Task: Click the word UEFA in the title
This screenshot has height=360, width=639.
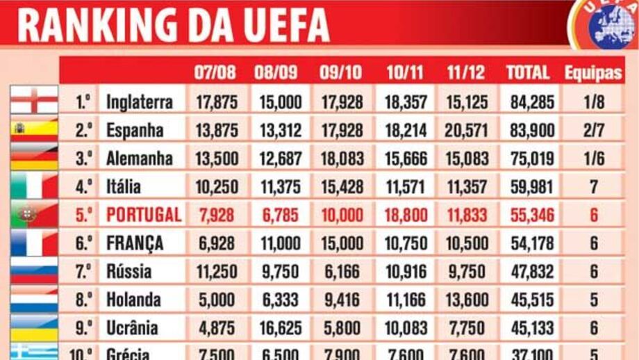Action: (285, 25)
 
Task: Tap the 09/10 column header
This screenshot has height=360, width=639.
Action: (341, 72)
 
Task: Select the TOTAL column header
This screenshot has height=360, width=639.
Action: (528, 72)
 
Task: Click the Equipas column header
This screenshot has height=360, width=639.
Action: (593, 72)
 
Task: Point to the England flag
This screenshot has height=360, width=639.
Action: (34, 101)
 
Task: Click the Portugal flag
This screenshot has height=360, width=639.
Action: (34, 215)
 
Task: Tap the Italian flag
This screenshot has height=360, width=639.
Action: (34, 186)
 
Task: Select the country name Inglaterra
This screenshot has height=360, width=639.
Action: (139, 102)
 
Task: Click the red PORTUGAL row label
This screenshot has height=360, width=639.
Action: (144, 215)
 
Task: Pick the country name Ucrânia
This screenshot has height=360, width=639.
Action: (132, 327)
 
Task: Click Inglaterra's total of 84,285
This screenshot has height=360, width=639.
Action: (532, 102)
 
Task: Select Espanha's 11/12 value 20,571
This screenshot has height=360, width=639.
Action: (466, 131)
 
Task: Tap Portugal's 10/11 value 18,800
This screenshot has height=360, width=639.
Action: (406, 215)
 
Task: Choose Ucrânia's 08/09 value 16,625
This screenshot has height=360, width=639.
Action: (281, 327)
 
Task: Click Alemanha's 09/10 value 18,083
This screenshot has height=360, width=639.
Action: (341, 158)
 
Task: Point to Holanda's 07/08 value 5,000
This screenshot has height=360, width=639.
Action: (217, 300)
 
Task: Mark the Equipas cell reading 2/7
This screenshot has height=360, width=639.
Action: (594, 131)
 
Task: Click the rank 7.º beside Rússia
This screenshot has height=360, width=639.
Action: (83, 271)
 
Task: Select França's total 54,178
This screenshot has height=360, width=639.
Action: (532, 243)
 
